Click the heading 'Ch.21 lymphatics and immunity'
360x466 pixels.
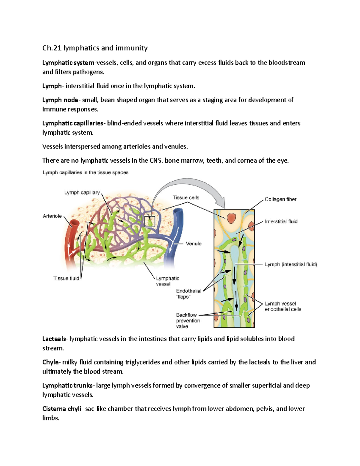95,48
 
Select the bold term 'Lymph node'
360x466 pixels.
60,100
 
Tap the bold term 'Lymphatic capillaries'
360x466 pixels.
73,123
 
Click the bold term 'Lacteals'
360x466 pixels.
54,339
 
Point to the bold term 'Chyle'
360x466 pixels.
50,362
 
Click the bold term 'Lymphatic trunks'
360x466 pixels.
67,386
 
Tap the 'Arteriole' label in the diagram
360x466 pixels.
52,216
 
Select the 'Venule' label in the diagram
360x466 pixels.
193,244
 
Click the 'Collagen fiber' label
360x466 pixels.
280,200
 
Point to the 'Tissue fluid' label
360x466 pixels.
66,278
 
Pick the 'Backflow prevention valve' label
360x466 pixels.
188,320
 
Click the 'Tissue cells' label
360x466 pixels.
186,197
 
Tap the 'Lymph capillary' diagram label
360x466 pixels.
82,193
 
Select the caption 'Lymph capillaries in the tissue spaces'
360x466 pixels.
85,173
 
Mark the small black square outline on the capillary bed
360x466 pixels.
150,221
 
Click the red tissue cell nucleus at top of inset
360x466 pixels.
231,218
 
